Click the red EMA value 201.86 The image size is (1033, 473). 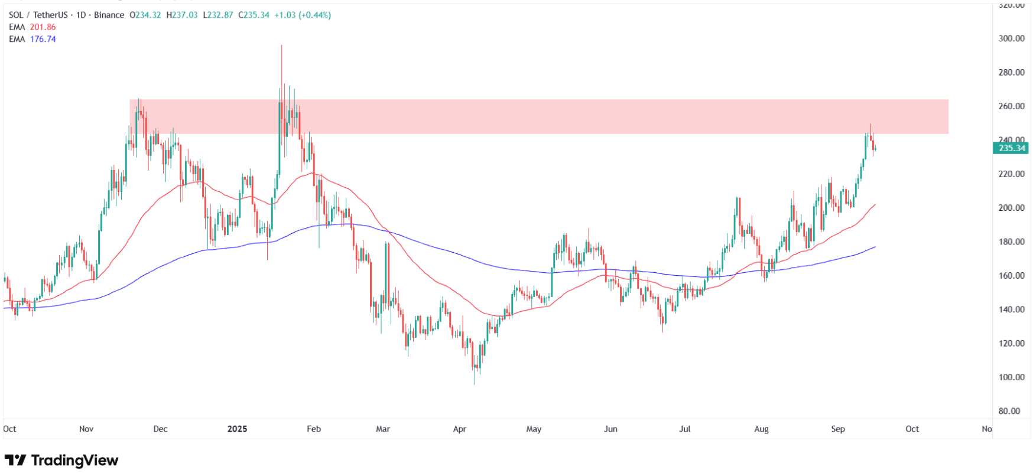click(43, 27)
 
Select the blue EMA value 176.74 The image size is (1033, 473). click(43, 39)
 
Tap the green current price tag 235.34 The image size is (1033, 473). click(1011, 148)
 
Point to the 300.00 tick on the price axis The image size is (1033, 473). click(1011, 38)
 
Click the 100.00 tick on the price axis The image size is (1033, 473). click(1011, 377)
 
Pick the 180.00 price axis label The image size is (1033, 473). click(1011, 242)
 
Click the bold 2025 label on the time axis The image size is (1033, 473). click(237, 429)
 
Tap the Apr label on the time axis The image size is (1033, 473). click(460, 429)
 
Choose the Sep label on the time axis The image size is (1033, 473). click(838, 429)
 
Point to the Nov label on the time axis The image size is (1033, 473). click(86, 429)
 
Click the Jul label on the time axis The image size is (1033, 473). click(684, 429)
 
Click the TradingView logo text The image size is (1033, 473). click(74, 460)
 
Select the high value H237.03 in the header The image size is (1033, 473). click(181, 15)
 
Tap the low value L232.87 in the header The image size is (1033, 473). click(218, 15)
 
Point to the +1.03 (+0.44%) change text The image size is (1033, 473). click(303, 15)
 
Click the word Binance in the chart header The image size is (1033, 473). click(109, 15)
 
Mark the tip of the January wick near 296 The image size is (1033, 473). click(281, 46)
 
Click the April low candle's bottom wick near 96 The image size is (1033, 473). click(475, 383)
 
